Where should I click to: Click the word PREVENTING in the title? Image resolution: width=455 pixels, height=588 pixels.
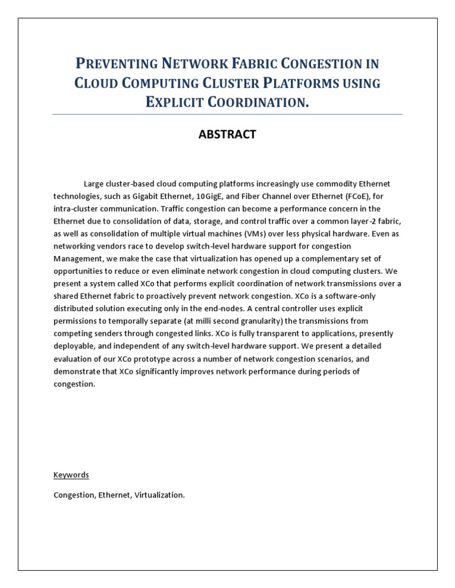click(115, 63)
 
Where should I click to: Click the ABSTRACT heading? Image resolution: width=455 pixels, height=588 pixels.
click(227, 134)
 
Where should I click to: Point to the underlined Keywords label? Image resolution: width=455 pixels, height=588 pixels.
click(71, 474)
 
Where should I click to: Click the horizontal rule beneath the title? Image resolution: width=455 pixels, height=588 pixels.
click(227, 114)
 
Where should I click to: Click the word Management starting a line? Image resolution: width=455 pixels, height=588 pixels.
click(78, 259)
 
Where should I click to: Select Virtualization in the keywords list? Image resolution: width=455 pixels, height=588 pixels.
click(160, 495)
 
